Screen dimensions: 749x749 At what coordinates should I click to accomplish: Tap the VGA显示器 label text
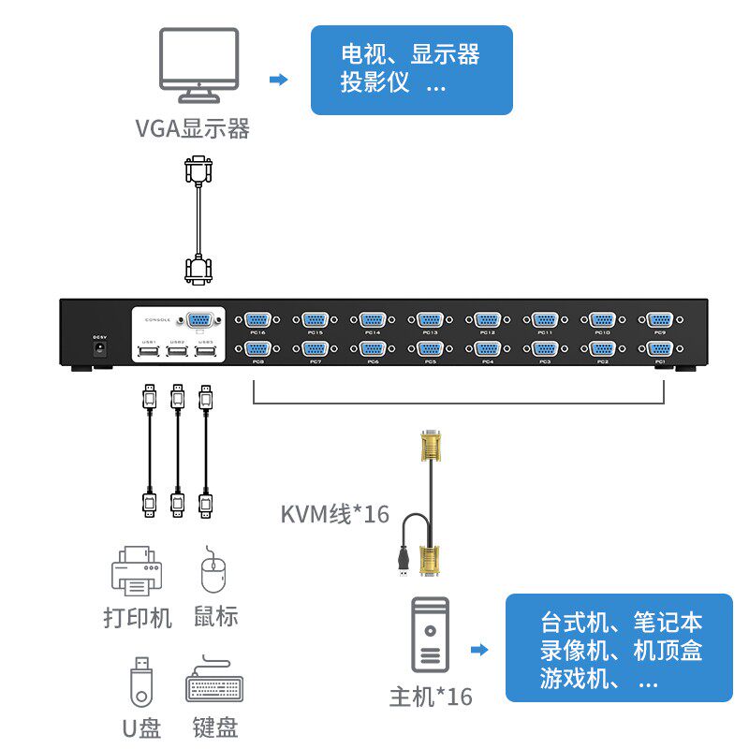(x=193, y=128)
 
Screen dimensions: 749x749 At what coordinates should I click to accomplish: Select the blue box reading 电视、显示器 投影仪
(x=411, y=70)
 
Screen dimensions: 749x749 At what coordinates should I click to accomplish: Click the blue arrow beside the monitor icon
(x=278, y=80)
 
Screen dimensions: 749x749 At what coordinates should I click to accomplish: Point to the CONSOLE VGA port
(x=199, y=320)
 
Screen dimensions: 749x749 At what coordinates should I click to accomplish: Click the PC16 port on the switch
(x=257, y=319)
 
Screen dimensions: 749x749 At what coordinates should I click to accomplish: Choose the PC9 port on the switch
(x=659, y=319)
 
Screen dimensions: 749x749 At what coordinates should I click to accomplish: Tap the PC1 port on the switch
(x=659, y=349)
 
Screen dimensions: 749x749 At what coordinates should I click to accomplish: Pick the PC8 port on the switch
(x=257, y=349)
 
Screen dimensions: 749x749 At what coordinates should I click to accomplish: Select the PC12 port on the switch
(x=487, y=319)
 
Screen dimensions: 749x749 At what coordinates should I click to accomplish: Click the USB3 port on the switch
(x=206, y=351)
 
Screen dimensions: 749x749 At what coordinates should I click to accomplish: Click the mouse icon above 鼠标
(x=214, y=570)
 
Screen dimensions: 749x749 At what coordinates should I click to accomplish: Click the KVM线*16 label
(x=334, y=514)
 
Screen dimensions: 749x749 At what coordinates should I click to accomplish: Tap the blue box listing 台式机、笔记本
(x=619, y=649)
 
